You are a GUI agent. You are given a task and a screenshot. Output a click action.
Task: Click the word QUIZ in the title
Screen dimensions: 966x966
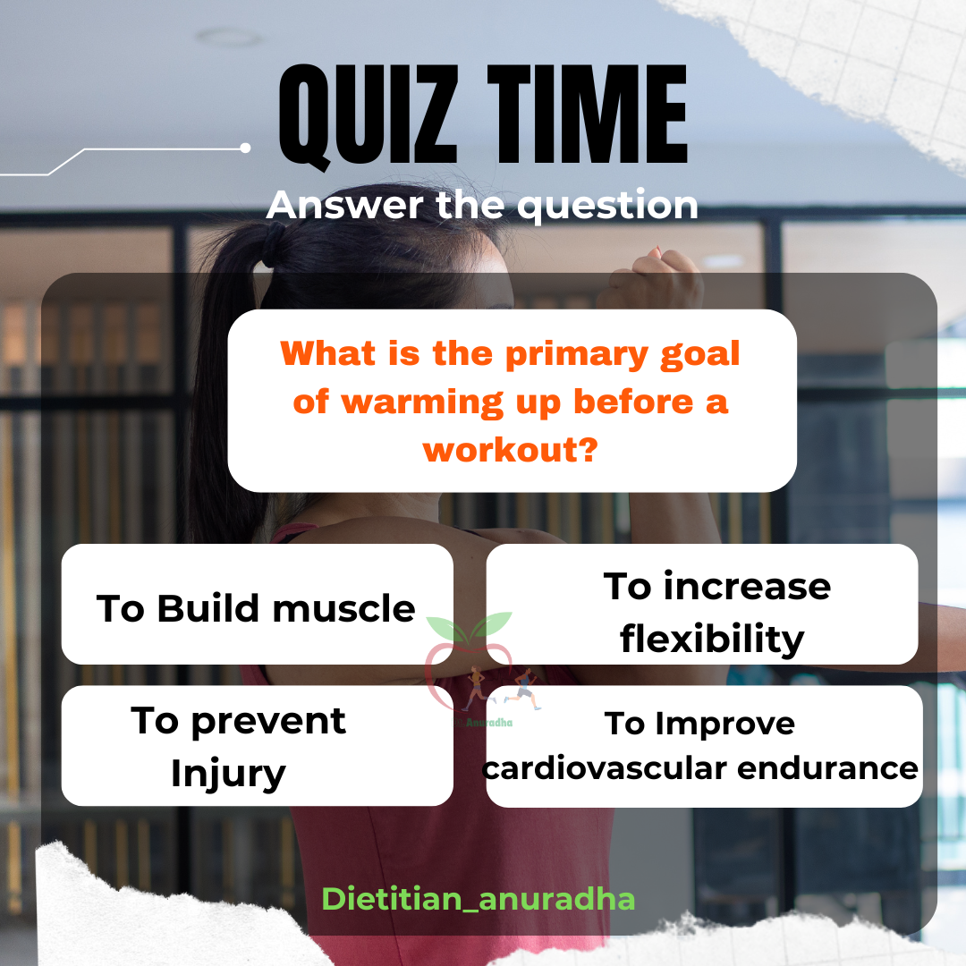(x=369, y=115)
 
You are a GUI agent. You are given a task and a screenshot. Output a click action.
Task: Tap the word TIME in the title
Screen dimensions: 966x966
(x=587, y=114)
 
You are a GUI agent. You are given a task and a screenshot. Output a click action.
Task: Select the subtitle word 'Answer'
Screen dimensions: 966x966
(x=345, y=205)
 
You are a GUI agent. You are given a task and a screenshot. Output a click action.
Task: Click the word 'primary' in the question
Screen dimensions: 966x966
(x=577, y=355)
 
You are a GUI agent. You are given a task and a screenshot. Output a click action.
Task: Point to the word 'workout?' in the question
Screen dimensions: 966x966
(x=511, y=450)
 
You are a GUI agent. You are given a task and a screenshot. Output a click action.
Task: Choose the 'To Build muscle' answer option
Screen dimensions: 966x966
(x=257, y=605)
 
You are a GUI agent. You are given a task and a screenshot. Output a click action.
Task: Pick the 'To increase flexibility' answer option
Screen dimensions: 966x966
(x=702, y=605)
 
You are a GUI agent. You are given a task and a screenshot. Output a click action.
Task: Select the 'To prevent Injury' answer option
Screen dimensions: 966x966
(x=257, y=745)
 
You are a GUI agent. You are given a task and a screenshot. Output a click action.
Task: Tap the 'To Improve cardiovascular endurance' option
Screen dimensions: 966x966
(x=704, y=746)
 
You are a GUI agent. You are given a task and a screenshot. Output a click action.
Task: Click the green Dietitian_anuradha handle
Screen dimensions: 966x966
(x=478, y=899)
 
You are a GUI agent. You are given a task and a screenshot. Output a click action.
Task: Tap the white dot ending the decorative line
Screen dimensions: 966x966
(x=245, y=148)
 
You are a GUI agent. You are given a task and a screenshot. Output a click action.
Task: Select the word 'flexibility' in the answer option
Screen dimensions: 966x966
(x=712, y=639)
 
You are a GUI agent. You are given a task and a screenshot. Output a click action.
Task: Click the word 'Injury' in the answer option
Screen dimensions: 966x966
(x=228, y=773)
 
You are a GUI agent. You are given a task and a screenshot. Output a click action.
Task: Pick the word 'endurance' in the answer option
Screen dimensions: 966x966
(x=827, y=768)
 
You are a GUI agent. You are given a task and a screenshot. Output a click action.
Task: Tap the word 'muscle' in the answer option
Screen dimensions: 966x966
(x=343, y=609)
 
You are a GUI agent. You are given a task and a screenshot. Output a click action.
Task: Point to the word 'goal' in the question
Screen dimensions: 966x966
(x=699, y=355)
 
